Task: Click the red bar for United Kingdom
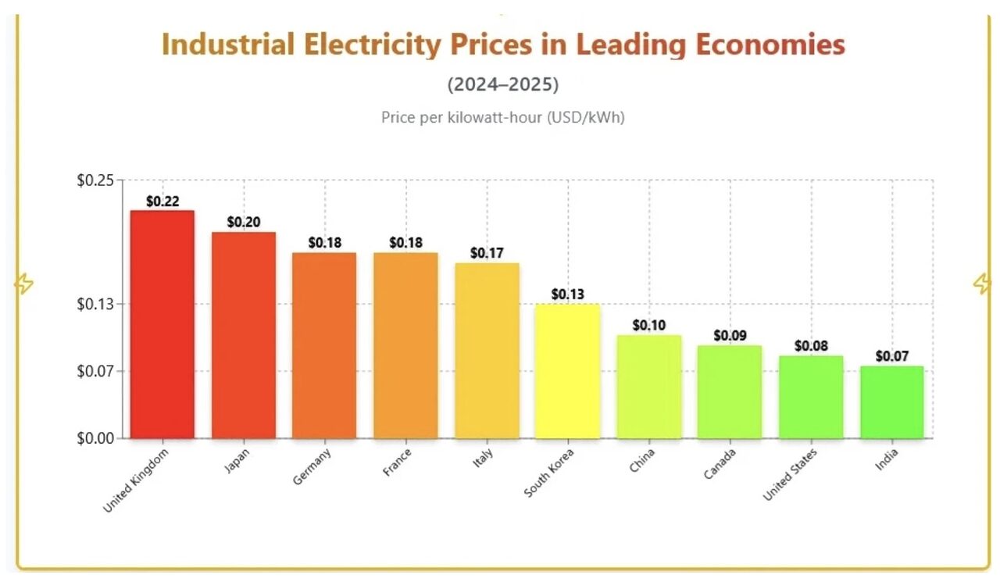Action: coord(162,324)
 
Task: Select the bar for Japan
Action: coord(243,335)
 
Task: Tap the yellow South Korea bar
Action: coord(567,371)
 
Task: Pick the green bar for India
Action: coord(891,402)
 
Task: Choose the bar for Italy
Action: coord(487,351)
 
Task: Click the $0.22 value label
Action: coord(162,202)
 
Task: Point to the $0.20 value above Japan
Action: coord(244,223)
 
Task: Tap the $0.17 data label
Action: coord(487,253)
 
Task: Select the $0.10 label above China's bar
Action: coord(648,325)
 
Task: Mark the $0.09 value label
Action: coord(730,336)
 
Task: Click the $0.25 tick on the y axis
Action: coord(95,180)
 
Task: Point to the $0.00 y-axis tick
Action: coord(95,438)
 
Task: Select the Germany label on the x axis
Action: coord(312,466)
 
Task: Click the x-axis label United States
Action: coord(790,475)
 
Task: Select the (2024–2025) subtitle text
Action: coord(503,84)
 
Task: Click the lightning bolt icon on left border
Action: coord(24,284)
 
